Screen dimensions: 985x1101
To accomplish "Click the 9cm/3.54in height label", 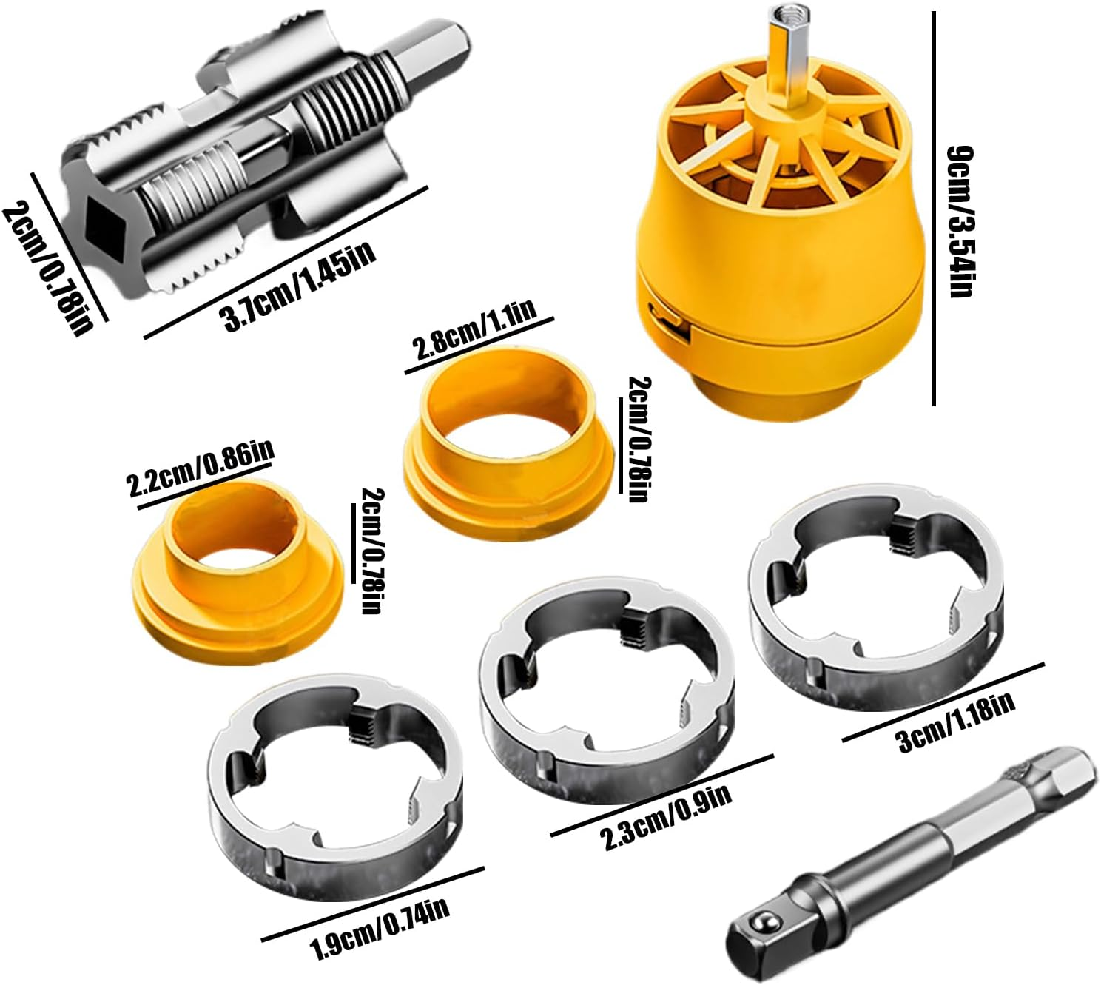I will tap(960, 222).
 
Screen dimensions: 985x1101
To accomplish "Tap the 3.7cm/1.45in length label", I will tap(300, 286).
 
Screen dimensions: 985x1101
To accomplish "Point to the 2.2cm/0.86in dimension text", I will tap(201, 468).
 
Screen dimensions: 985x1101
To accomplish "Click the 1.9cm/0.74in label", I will tap(379, 928).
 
